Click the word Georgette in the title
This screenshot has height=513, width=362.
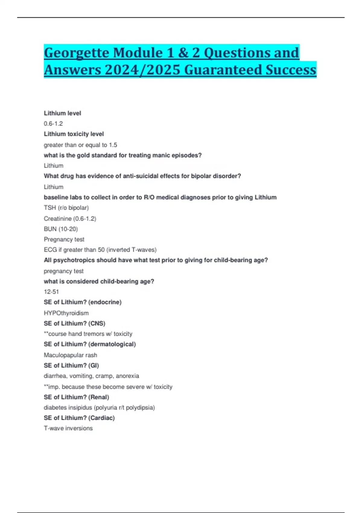(x=77, y=53)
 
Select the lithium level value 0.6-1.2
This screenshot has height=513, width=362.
(x=53, y=124)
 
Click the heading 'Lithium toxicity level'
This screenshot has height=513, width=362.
(x=74, y=134)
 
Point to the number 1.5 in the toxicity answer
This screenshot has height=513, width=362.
(x=113, y=145)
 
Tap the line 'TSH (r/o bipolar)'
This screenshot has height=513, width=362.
(x=66, y=208)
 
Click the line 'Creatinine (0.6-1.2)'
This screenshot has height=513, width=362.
(x=70, y=218)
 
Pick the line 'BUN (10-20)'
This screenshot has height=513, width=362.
(x=61, y=229)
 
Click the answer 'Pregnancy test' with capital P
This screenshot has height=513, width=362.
(x=64, y=240)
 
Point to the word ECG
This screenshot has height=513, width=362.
(x=50, y=250)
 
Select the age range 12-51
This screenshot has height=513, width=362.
(x=51, y=292)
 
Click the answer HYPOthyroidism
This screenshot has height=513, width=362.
(x=66, y=313)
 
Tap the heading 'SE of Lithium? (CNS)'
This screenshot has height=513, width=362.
(x=74, y=323)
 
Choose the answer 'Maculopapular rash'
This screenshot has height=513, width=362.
(x=70, y=355)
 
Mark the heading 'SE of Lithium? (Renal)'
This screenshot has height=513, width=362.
(x=76, y=397)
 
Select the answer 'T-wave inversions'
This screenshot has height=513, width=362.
(x=68, y=429)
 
